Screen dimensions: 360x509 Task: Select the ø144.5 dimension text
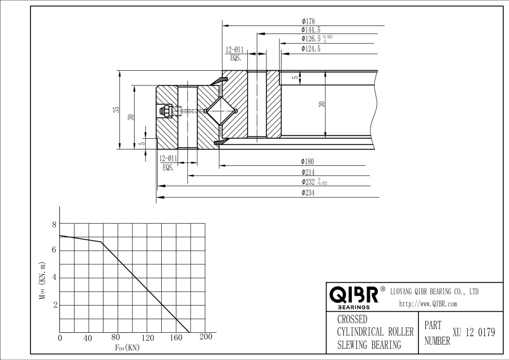[311, 30]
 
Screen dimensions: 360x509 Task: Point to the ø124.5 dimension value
[311, 49]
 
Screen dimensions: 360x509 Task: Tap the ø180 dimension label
[308, 162]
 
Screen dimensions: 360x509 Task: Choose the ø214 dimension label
[308, 172]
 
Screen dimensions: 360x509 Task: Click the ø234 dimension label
[308, 193]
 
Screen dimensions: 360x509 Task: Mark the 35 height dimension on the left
[116, 110]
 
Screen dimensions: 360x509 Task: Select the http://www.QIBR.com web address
[428, 304]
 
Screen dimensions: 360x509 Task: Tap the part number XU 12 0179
[474, 333]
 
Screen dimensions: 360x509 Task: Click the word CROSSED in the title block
[352, 319]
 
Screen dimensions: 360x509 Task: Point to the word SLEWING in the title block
[355, 345]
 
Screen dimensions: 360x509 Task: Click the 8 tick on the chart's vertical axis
[55, 224]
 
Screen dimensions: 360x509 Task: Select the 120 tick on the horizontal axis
[147, 338]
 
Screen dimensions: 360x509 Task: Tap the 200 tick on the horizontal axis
[206, 337]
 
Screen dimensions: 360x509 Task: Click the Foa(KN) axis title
[127, 347]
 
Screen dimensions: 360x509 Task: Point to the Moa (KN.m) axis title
[42, 280]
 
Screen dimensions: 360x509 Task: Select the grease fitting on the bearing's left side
[167, 110]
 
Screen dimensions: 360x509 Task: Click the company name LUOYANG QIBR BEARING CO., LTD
[434, 291]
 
